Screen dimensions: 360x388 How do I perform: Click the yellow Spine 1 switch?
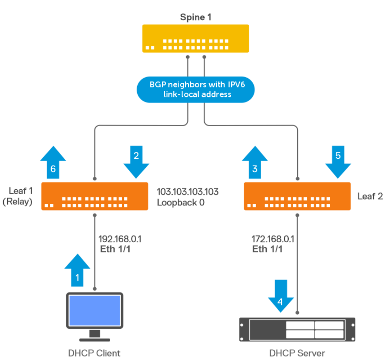pos(195,39)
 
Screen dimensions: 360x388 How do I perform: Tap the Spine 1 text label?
pos(195,17)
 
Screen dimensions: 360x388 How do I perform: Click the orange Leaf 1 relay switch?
pos(95,196)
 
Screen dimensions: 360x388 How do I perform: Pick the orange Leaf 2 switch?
pos(297,196)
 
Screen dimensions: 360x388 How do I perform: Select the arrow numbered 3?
pos(254,163)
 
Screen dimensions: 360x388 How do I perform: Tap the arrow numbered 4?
pos(281,296)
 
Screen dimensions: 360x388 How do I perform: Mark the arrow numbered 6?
pos(53,163)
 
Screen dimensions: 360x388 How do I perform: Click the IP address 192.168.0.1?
pos(122,239)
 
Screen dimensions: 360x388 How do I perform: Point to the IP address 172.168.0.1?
pos(273,239)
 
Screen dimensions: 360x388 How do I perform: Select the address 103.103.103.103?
pos(187,192)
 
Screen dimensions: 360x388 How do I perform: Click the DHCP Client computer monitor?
pos(94,311)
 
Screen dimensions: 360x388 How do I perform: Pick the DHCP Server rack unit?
pos(297,329)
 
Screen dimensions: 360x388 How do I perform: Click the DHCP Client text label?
pos(94,353)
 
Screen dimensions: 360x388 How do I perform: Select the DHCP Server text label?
pos(297,353)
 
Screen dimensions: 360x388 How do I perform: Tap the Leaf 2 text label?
pos(370,196)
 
